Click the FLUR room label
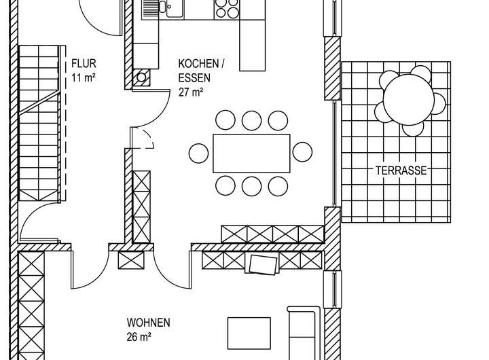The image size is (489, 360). point(84,65)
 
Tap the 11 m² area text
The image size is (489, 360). point(84,77)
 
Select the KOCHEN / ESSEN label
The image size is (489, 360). point(200,71)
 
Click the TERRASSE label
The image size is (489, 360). point(401,171)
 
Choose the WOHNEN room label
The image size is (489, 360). point(148,323)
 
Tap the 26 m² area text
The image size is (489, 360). point(139,336)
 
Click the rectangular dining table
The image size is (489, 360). point(251,153)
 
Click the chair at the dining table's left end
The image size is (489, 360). point(199,152)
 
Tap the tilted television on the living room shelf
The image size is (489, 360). point(264,264)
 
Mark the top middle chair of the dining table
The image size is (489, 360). point(251,121)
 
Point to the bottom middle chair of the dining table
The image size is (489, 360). point(251,185)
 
